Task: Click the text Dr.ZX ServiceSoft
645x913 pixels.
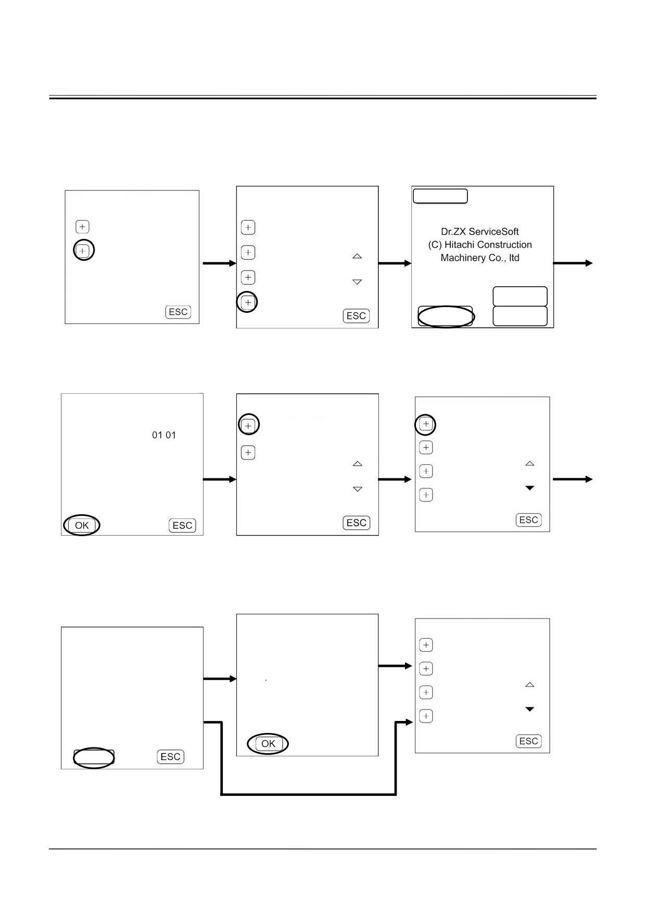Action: point(479,232)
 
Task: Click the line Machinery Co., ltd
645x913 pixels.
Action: point(479,258)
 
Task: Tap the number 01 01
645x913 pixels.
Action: point(163,435)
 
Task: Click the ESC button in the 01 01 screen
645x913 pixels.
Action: point(182,525)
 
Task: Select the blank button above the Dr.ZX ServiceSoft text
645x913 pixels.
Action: point(440,196)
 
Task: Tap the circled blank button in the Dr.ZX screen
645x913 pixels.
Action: point(445,316)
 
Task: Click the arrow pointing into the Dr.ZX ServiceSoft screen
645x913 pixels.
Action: point(395,263)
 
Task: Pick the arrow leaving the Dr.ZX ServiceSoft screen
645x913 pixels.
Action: point(573,263)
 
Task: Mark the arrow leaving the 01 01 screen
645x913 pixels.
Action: point(220,479)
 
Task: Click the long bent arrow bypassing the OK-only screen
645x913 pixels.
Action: point(309,794)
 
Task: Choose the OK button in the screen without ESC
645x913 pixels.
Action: point(268,744)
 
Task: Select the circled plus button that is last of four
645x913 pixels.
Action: point(248,302)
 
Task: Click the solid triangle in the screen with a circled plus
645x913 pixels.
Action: point(530,488)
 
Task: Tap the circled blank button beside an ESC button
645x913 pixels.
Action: point(94,758)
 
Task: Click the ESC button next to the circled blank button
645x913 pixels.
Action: point(170,757)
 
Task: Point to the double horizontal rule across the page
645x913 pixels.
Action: point(323,97)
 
